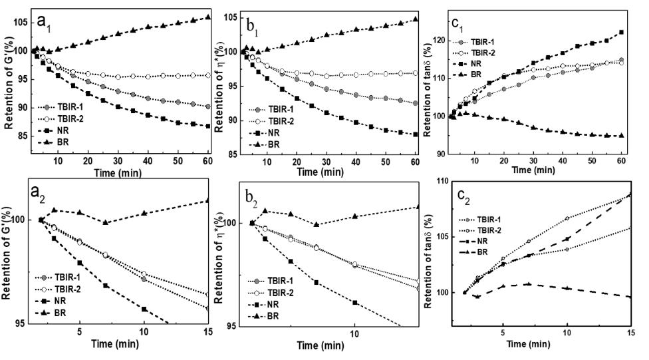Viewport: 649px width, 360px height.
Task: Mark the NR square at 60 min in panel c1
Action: pos(621,32)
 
